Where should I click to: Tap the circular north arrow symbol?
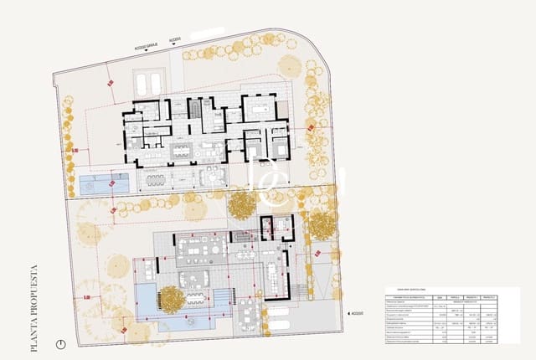59,343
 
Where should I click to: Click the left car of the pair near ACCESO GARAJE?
142,84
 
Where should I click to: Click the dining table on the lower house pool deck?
195,297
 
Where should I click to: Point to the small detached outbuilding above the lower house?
277,227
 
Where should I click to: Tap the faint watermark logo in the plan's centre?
268,180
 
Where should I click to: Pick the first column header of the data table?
406,296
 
